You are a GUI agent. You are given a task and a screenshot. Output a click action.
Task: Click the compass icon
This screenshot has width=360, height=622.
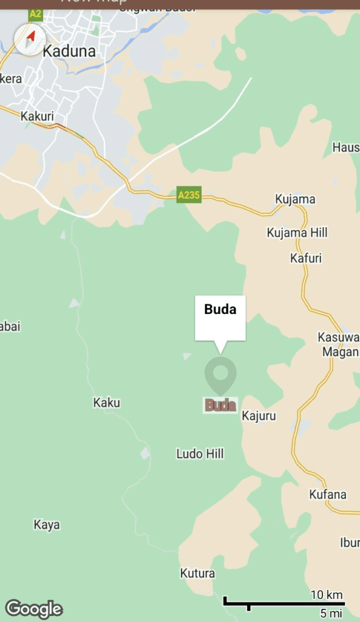[x=30, y=39]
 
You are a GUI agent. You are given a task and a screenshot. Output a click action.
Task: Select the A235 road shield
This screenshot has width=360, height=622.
[x=189, y=195]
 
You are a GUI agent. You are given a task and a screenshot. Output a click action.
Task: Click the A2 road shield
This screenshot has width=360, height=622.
[x=35, y=13]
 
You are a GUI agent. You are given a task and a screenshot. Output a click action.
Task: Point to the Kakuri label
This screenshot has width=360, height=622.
[x=37, y=116]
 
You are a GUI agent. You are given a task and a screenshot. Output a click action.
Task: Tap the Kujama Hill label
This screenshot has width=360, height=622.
[x=297, y=233]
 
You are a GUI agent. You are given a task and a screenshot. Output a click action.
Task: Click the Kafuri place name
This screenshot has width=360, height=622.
[x=306, y=258]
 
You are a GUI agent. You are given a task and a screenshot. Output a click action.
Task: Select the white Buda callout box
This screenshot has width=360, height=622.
[x=220, y=318]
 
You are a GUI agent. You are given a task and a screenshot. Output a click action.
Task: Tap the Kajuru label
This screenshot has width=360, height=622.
[x=259, y=416]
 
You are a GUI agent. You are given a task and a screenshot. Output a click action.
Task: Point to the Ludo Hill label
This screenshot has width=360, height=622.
[x=200, y=454]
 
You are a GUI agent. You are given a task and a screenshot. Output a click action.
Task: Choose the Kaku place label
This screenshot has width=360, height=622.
[x=106, y=403]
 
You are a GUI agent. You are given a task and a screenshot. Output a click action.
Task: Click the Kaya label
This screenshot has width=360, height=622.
[x=47, y=525]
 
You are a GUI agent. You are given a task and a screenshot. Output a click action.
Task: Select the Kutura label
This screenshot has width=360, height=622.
[x=197, y=573]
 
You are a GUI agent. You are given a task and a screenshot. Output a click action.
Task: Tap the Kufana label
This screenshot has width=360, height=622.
[x=328, y=494]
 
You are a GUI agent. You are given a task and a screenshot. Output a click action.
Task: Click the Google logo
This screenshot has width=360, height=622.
[x=34, y=609]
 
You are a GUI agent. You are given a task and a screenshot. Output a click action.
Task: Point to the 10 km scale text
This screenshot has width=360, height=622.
[x=327, y=595]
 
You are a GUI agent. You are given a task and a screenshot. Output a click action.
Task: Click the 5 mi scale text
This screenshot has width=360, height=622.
[x=331, y=613]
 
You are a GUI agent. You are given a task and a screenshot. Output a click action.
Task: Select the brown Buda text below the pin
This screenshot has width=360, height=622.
[x=220, y=405]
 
